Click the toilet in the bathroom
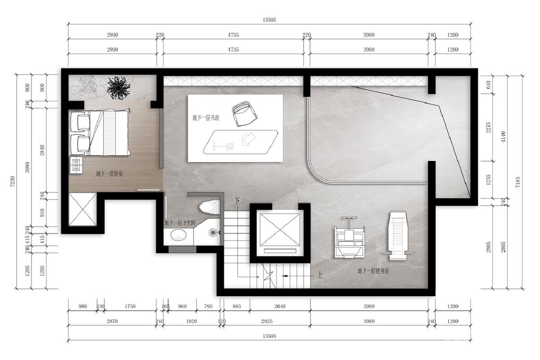[209, 207]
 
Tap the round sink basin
[178, 235]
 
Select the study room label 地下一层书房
[206, 118]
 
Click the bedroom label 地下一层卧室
[109, 174]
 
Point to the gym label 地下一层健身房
[373, 271]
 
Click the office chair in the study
[244, 113]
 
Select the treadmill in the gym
[398, 236]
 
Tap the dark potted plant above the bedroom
[118, 88]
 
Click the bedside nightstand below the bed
[76, 165]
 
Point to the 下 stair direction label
[238, 201]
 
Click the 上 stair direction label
[320, 275]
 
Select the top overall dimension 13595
[269, 20]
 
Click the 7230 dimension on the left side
[13, 181]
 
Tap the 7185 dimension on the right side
[518, 182]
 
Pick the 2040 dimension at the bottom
[280, 306]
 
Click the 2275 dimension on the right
[488, 127]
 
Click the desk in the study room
[241, 142]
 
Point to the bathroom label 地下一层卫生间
[180, 223]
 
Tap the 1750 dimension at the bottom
[130, 306]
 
